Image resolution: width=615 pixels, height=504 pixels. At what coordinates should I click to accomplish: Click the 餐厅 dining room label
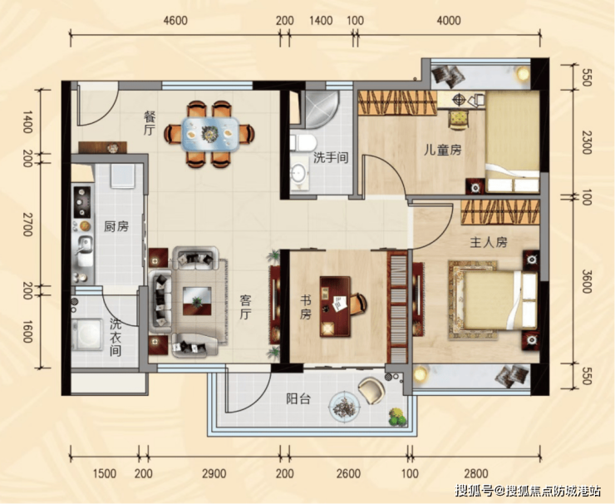(x=150, y=123)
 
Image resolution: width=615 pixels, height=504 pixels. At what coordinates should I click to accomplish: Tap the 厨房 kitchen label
(x=116, y=226)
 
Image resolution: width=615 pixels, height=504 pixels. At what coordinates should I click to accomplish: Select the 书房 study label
(x=306, y=308)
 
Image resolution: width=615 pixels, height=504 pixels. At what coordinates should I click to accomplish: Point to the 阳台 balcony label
(x=298, y=399)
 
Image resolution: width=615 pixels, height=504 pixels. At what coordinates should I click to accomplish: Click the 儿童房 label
(x=442, y=150)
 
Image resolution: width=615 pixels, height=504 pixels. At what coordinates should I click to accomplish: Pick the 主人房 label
(x=489, y=242)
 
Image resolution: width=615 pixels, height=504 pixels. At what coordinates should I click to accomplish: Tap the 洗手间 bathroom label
(x=331, y=158)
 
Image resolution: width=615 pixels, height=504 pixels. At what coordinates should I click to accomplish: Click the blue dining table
(x=210, y=135)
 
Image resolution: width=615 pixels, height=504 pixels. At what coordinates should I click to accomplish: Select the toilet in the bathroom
(x=303, y=142)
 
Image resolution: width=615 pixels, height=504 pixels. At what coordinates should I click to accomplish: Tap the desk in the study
(x=335, y=306)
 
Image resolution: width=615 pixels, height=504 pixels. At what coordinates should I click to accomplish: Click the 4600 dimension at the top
(x=175, y=20)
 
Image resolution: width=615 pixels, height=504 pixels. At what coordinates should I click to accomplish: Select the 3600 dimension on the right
(x=587, y=280)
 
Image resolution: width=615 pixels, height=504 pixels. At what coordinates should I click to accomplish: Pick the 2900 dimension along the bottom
(x=214, y=473)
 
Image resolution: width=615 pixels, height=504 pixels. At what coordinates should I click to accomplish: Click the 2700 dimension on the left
(x=27, y=224)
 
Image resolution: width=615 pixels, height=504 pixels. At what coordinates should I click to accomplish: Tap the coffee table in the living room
(x=197, y=301)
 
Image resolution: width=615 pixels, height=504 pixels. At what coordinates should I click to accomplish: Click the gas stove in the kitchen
(x=82, y=202)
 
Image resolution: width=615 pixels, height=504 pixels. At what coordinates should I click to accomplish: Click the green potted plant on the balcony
(x=397, y=417)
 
